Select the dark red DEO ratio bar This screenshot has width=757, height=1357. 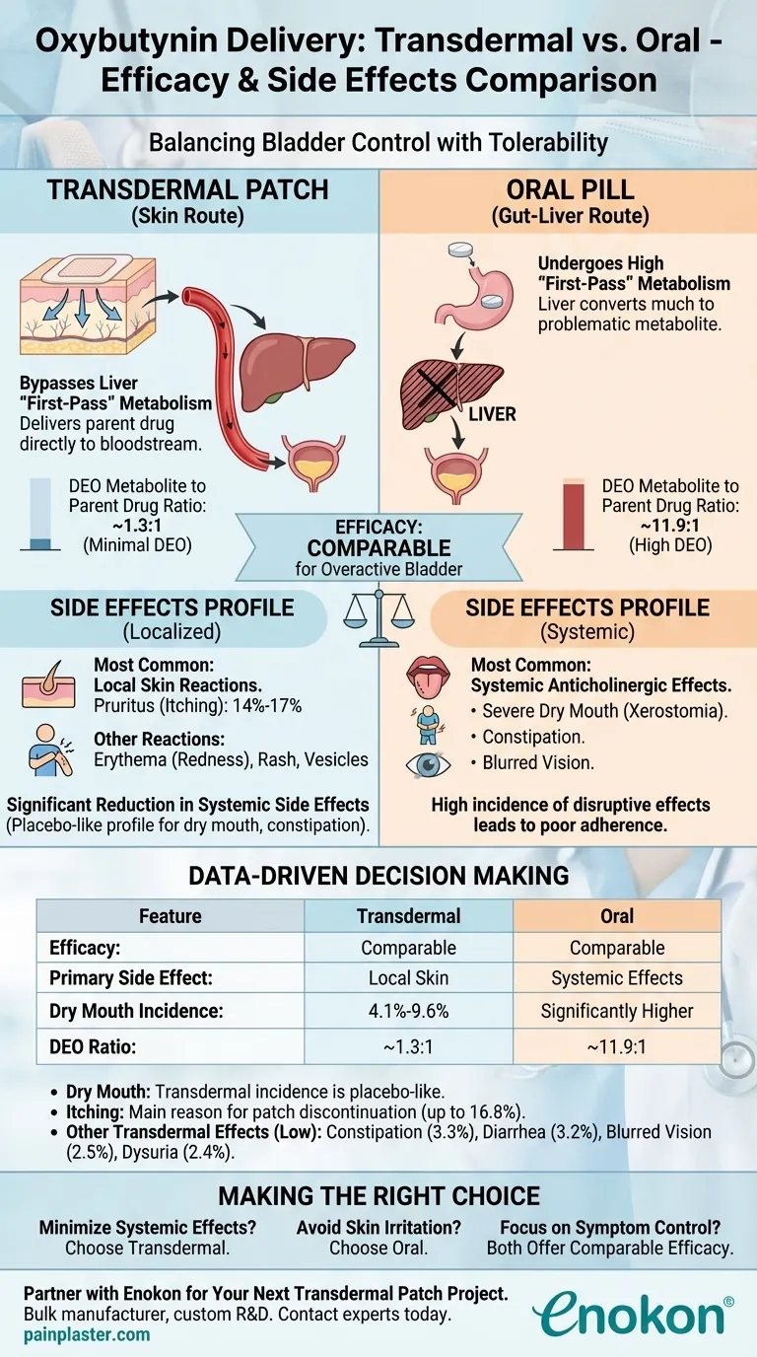[x=574, y=514]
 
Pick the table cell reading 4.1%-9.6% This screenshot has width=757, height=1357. [x=408, y=1011]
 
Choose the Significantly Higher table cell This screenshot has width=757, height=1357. [x=617, y=1011]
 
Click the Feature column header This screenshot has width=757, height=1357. [x=170, y=916]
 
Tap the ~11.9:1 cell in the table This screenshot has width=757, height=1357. [x=617, y=1042]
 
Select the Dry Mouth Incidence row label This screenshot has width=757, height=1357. [x=123, y=1011]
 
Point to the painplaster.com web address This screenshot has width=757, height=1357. [x=85, y=1334]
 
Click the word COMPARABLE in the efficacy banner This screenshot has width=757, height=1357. [x=378, y=547]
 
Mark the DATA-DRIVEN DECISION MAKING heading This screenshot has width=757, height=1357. [x=378, y=875]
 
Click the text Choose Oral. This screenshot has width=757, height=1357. [x=378, y=1248]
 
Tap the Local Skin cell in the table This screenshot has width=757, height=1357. [x=408, y=979]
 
